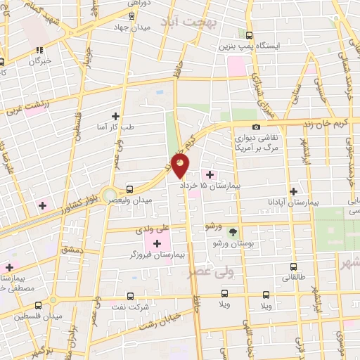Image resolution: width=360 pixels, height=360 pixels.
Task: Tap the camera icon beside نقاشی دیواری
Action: tap(256, 127)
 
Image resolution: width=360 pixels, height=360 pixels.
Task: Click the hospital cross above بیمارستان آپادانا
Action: tap(294, 191)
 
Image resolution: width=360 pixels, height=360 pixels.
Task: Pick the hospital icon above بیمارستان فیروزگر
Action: tap(157, 243)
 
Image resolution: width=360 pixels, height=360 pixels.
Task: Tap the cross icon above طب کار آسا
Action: tap(116, 116)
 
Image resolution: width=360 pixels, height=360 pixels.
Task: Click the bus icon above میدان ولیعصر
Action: tap(130, 189)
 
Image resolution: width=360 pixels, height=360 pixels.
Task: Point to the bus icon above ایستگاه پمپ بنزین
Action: tap(249, 34)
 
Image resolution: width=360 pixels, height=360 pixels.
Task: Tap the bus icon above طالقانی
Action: tap(294, 267)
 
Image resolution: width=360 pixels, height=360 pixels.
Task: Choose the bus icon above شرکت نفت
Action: tap(130, 296)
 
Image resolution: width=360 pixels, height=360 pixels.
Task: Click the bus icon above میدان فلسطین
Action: tap(39, 305)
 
